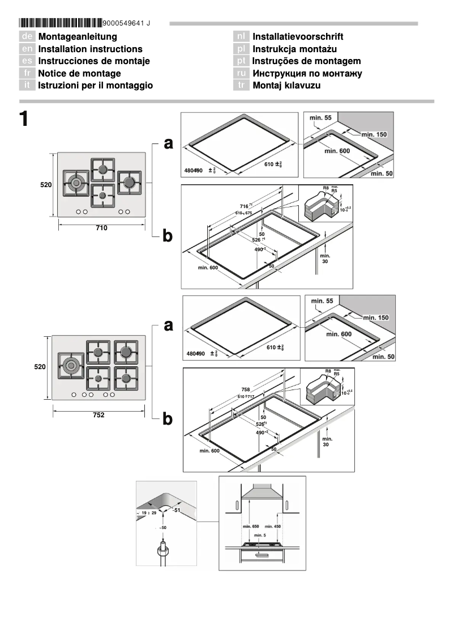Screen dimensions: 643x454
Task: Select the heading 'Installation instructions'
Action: pos(90,49)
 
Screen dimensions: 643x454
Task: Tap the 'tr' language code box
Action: pos(241,86)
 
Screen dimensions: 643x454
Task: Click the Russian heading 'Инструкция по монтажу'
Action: pos(307,73)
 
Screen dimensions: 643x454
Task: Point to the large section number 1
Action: pos(23,119)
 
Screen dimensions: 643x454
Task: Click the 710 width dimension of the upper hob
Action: pos(101,227)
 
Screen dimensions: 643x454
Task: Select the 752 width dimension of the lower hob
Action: pos(98,415)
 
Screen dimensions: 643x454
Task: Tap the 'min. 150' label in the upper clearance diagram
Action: pos(373,134)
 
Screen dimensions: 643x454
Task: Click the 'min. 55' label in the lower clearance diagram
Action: pos(322,301)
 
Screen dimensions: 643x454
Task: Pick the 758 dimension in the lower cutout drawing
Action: pos(246,390)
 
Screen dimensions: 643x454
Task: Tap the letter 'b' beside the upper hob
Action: pos(168,235)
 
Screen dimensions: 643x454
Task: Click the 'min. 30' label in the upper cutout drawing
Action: pos(324,259)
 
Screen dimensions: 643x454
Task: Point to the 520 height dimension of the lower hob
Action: pos(39,367)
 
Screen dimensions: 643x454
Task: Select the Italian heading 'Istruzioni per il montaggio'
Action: pos(95,86)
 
